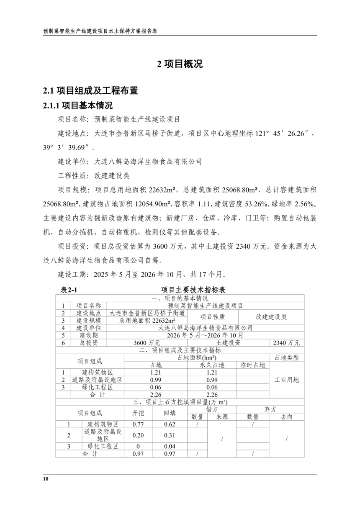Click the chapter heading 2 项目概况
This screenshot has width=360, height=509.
coord(180,64)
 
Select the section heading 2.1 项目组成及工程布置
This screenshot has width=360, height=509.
coord(91,90)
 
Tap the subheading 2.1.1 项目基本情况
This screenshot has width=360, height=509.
coord(78,105)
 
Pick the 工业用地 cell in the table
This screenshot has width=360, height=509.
coord(287,380)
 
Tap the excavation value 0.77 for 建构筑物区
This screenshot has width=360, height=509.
coord(138,424)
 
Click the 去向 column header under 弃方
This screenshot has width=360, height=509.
coord(287,417)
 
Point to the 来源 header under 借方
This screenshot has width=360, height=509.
coord(222,417)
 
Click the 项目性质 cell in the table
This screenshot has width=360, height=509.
coord(213,317)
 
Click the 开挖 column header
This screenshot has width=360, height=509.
coord(138,413)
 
